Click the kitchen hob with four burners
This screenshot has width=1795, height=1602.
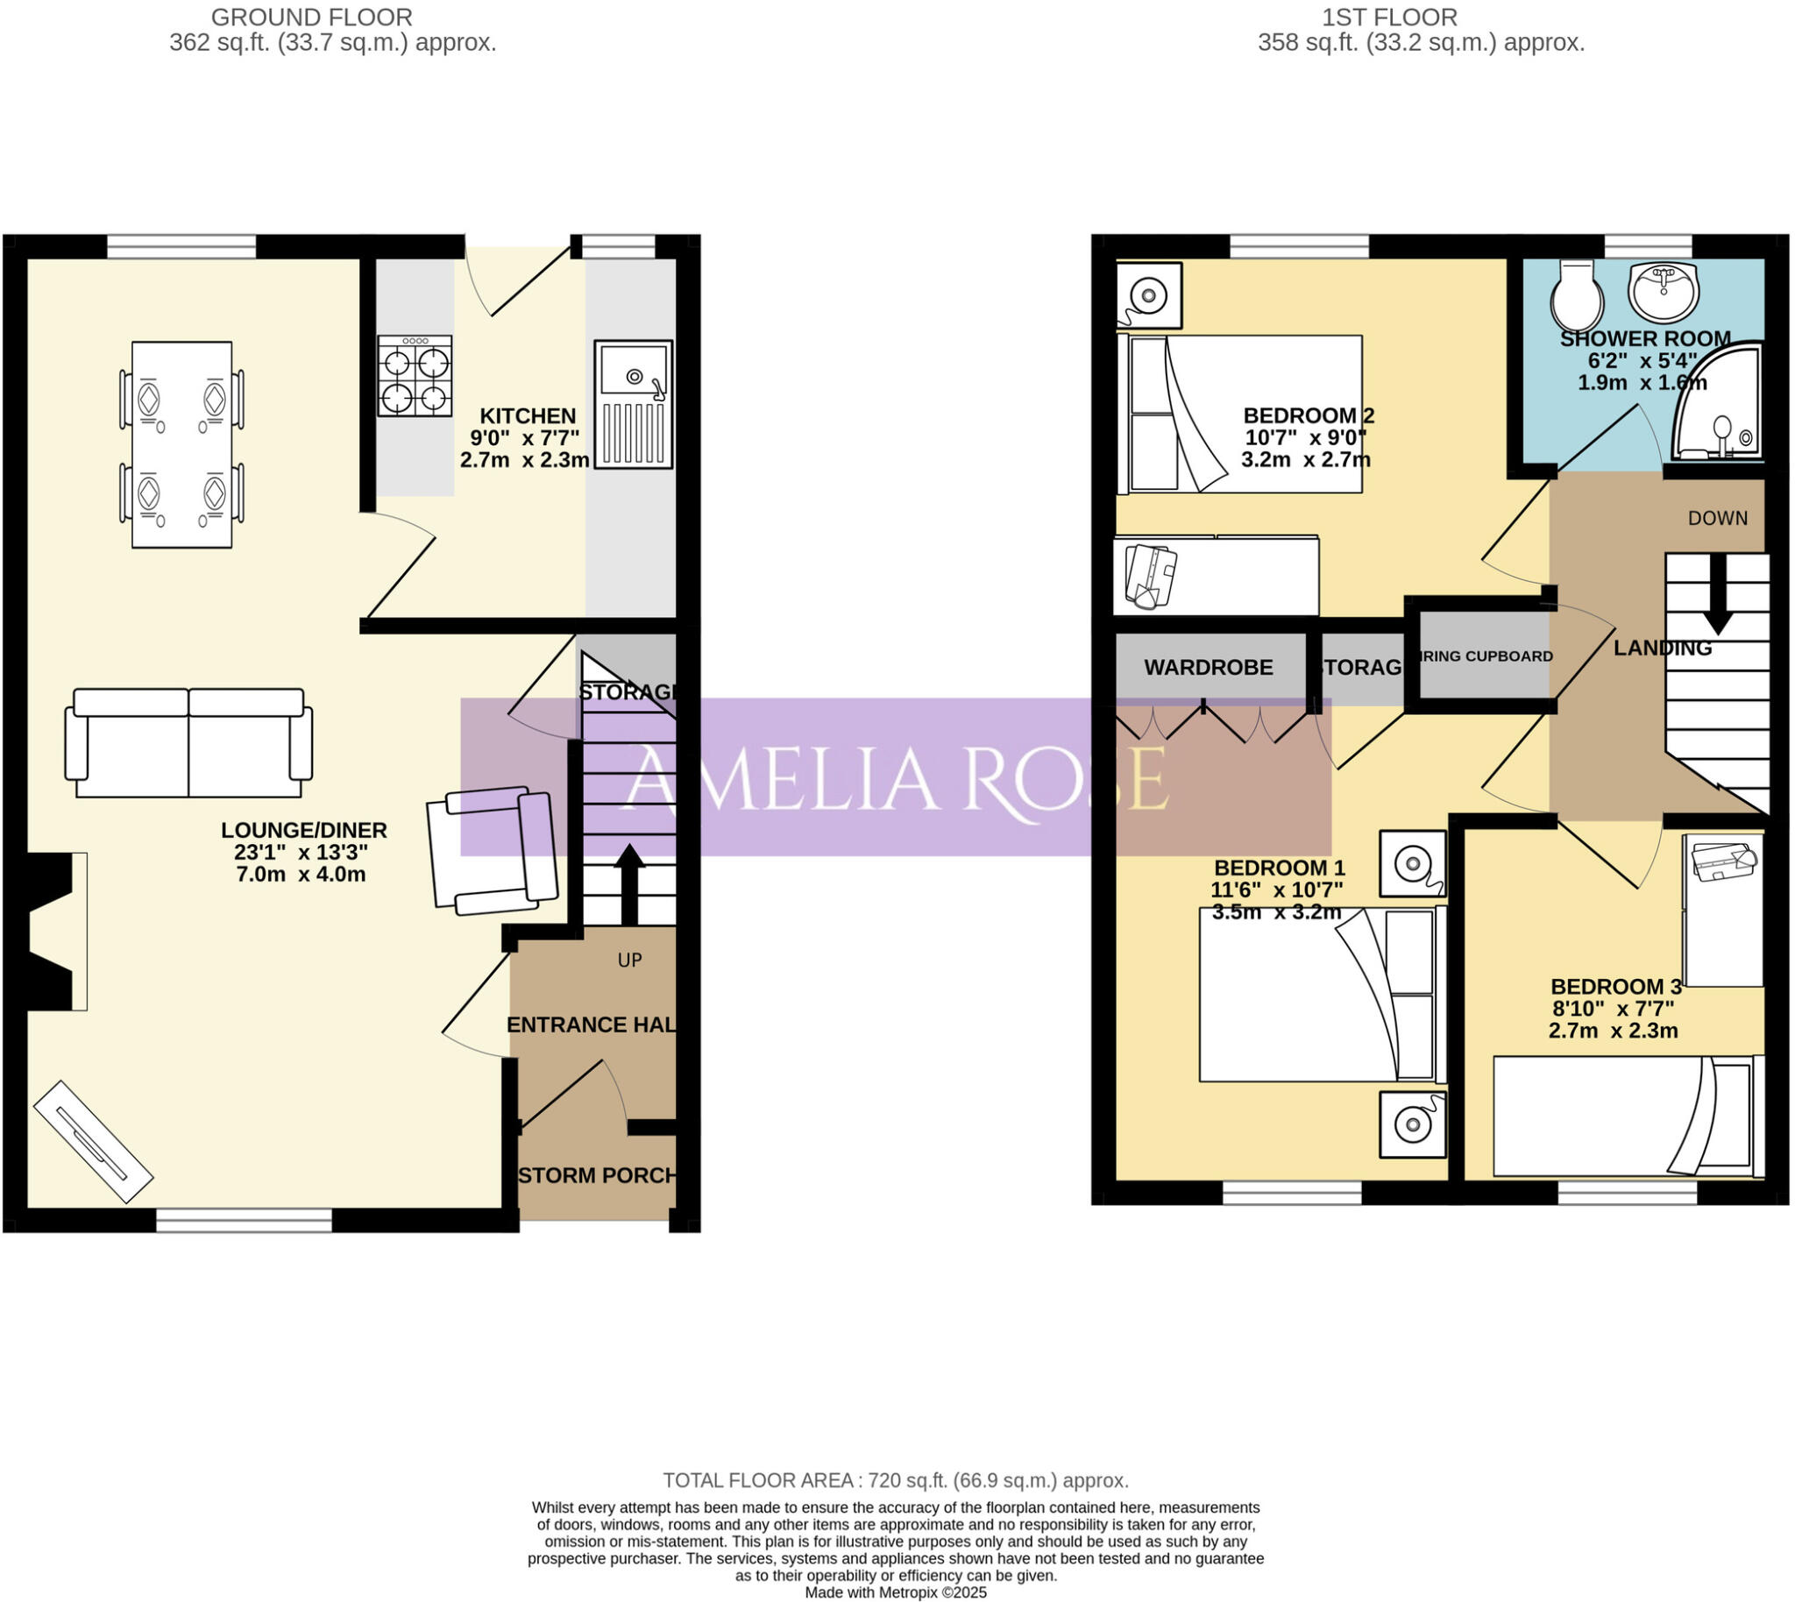(415, 376)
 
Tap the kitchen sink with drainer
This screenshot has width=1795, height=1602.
(633, 404)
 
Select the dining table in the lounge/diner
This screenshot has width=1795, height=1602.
(182, 444)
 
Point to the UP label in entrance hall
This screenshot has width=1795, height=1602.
(629, 960)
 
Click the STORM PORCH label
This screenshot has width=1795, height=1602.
(598, 1176)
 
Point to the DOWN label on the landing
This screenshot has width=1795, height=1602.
(1718, 519)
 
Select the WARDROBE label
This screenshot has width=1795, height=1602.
(1208, 668)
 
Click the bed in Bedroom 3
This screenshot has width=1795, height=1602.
(1627, 1116)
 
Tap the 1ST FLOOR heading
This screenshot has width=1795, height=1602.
(1389, 17)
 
